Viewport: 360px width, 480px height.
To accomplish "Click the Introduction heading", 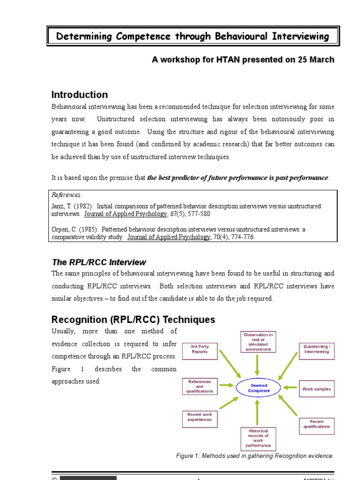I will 79,95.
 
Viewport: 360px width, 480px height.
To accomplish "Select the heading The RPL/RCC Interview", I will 98,262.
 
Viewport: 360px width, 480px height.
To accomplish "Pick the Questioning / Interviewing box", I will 316,349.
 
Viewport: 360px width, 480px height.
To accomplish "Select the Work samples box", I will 316,389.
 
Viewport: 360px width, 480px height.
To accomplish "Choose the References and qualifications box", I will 200,386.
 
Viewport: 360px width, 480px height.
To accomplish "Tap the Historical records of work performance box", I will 258,439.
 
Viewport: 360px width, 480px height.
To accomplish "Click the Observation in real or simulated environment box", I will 258,342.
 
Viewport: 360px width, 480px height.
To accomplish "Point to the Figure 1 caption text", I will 255,456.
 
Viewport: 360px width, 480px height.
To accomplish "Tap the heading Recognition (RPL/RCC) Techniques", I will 133,320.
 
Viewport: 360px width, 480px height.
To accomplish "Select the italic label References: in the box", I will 67,195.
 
